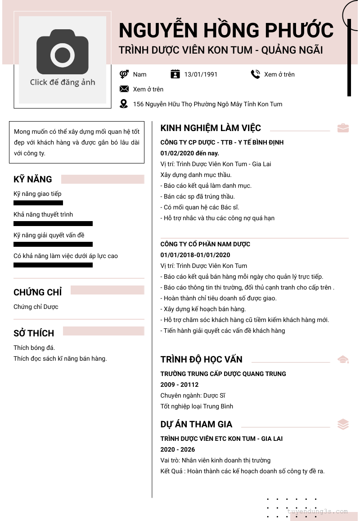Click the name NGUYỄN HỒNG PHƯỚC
[x=226, y=31]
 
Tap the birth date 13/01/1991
[x=201, y=74]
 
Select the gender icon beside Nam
[x=124, y=74]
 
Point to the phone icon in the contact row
[x=256, y=74]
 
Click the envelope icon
[x=124, y=89]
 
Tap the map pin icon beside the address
[x=124, y=104]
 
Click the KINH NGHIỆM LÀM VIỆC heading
[x=211, y=128]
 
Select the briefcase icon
[x=343, y=128]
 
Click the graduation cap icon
[x=343, y=359]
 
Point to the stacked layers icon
[x=343, y=424]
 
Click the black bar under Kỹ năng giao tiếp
[x=38, y=203]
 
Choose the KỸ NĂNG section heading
[x=33, y=179]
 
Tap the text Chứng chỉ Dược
[x=36, y=307]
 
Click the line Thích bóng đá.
[x=34, y=348]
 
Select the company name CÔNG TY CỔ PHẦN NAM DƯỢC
[x=205, y=244]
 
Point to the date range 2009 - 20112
[x=180, y=385]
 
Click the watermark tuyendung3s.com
[x=318, y=512]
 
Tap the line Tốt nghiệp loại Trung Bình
[x=197, y=406]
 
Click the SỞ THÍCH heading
[x=34, y=333]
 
